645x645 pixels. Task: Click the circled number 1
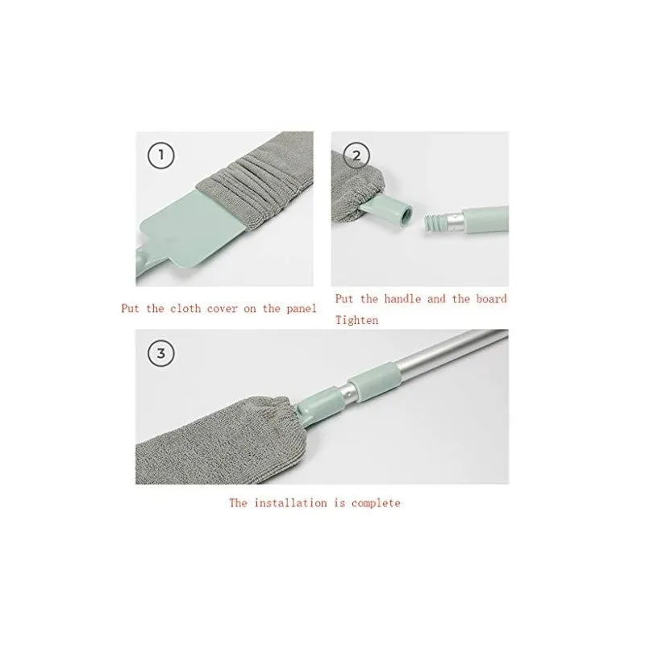(160, 156)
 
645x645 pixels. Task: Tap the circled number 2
(356, 156)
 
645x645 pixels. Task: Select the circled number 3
(160, 353)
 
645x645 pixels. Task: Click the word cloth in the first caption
(185, 308)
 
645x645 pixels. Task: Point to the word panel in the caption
(301, 308)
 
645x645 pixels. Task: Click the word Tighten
(356, 320)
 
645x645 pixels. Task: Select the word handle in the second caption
(402, 298)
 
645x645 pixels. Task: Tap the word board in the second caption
(491, 298)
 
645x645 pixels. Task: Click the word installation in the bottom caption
(290, 502)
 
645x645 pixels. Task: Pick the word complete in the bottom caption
(376, 503)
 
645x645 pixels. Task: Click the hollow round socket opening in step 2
(406, 214)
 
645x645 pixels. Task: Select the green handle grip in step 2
(486, 219)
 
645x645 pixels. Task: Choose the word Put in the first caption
(130, 308)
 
